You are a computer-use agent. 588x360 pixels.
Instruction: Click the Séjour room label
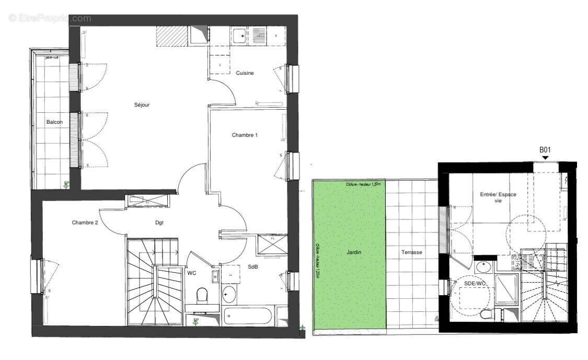coord(142,105)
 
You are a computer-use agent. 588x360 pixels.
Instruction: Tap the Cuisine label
coord(245,73)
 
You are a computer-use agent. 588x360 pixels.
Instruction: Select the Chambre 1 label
coord(245,135)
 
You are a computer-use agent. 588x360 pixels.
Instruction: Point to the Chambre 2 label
coord(85,223)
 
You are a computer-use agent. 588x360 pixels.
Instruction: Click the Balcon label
coord(54,122)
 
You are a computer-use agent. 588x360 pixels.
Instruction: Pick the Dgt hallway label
coord(159,223)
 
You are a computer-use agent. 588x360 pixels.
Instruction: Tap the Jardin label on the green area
coord(354,252)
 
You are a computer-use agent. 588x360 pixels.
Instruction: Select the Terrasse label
coord(412,252)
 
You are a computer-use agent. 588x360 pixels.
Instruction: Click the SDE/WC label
coord(475,284)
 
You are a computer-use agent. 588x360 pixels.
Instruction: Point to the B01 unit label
coord(546,150)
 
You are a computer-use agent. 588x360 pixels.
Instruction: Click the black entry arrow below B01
coord(546,158)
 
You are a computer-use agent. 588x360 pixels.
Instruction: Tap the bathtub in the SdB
coord(248,316)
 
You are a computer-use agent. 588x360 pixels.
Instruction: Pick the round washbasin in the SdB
coord(228,295)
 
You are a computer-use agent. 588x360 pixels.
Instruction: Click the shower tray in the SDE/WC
coord(506,289)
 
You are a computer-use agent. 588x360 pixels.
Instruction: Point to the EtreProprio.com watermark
coord(50,18)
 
